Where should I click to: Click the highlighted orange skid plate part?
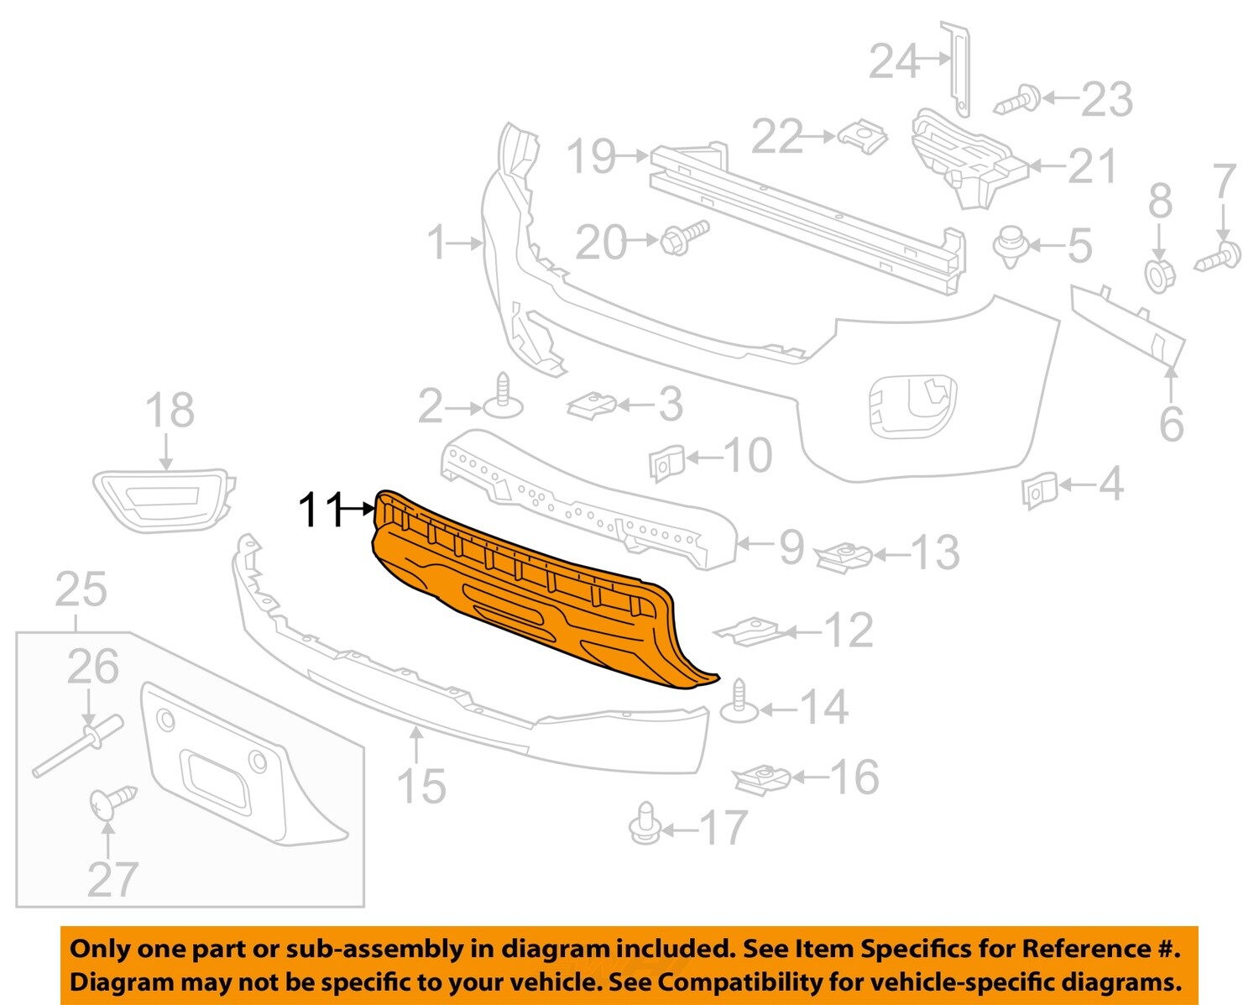537,596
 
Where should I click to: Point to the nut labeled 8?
1160,274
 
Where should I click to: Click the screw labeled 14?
739,701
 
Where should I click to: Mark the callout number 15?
421,787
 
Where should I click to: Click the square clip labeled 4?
1037,490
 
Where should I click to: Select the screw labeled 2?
503,397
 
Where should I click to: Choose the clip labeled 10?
666,462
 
